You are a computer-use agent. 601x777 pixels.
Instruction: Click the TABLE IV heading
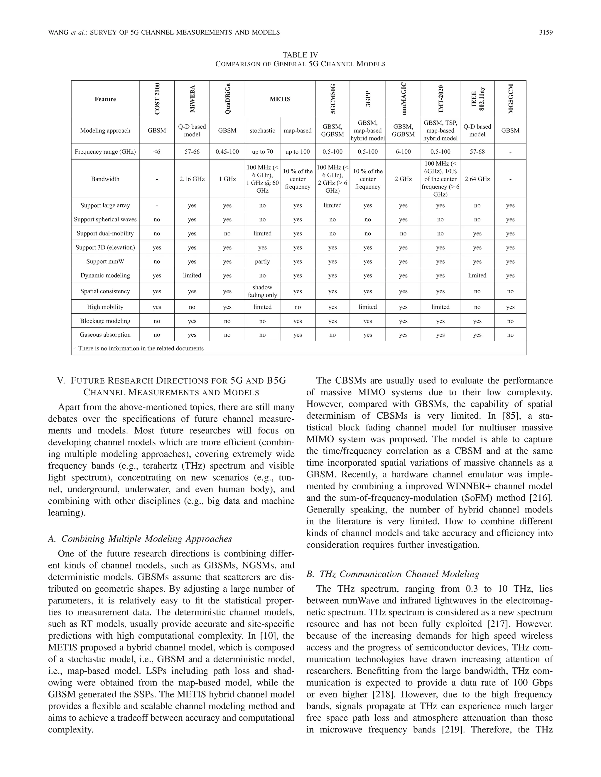(300, 55)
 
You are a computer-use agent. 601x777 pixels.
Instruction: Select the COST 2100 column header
(157, 99)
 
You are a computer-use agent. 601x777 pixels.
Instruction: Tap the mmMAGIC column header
(404, 99)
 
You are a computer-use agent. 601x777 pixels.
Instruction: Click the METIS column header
(280, 99)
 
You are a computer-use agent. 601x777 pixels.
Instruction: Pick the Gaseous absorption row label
(105, 335)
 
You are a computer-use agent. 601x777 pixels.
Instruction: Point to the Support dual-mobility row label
(105, 233)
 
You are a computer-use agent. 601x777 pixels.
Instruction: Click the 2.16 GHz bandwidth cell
(192, 179)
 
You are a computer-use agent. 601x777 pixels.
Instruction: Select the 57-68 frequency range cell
(477, 152)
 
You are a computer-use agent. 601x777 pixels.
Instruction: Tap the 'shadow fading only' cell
(262, 291)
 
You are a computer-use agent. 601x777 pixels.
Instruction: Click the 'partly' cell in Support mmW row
(262, 262)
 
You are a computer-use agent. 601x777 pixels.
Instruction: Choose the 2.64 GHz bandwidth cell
(477, 179)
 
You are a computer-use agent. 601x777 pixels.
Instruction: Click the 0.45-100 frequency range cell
(227, 152)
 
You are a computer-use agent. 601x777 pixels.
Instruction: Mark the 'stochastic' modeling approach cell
(262, 130)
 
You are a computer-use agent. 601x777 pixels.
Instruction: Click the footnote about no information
(138, 348)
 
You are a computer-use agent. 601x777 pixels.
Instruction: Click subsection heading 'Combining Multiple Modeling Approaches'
(146, 539)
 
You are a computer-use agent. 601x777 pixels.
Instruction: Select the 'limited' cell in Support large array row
(332, 205)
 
